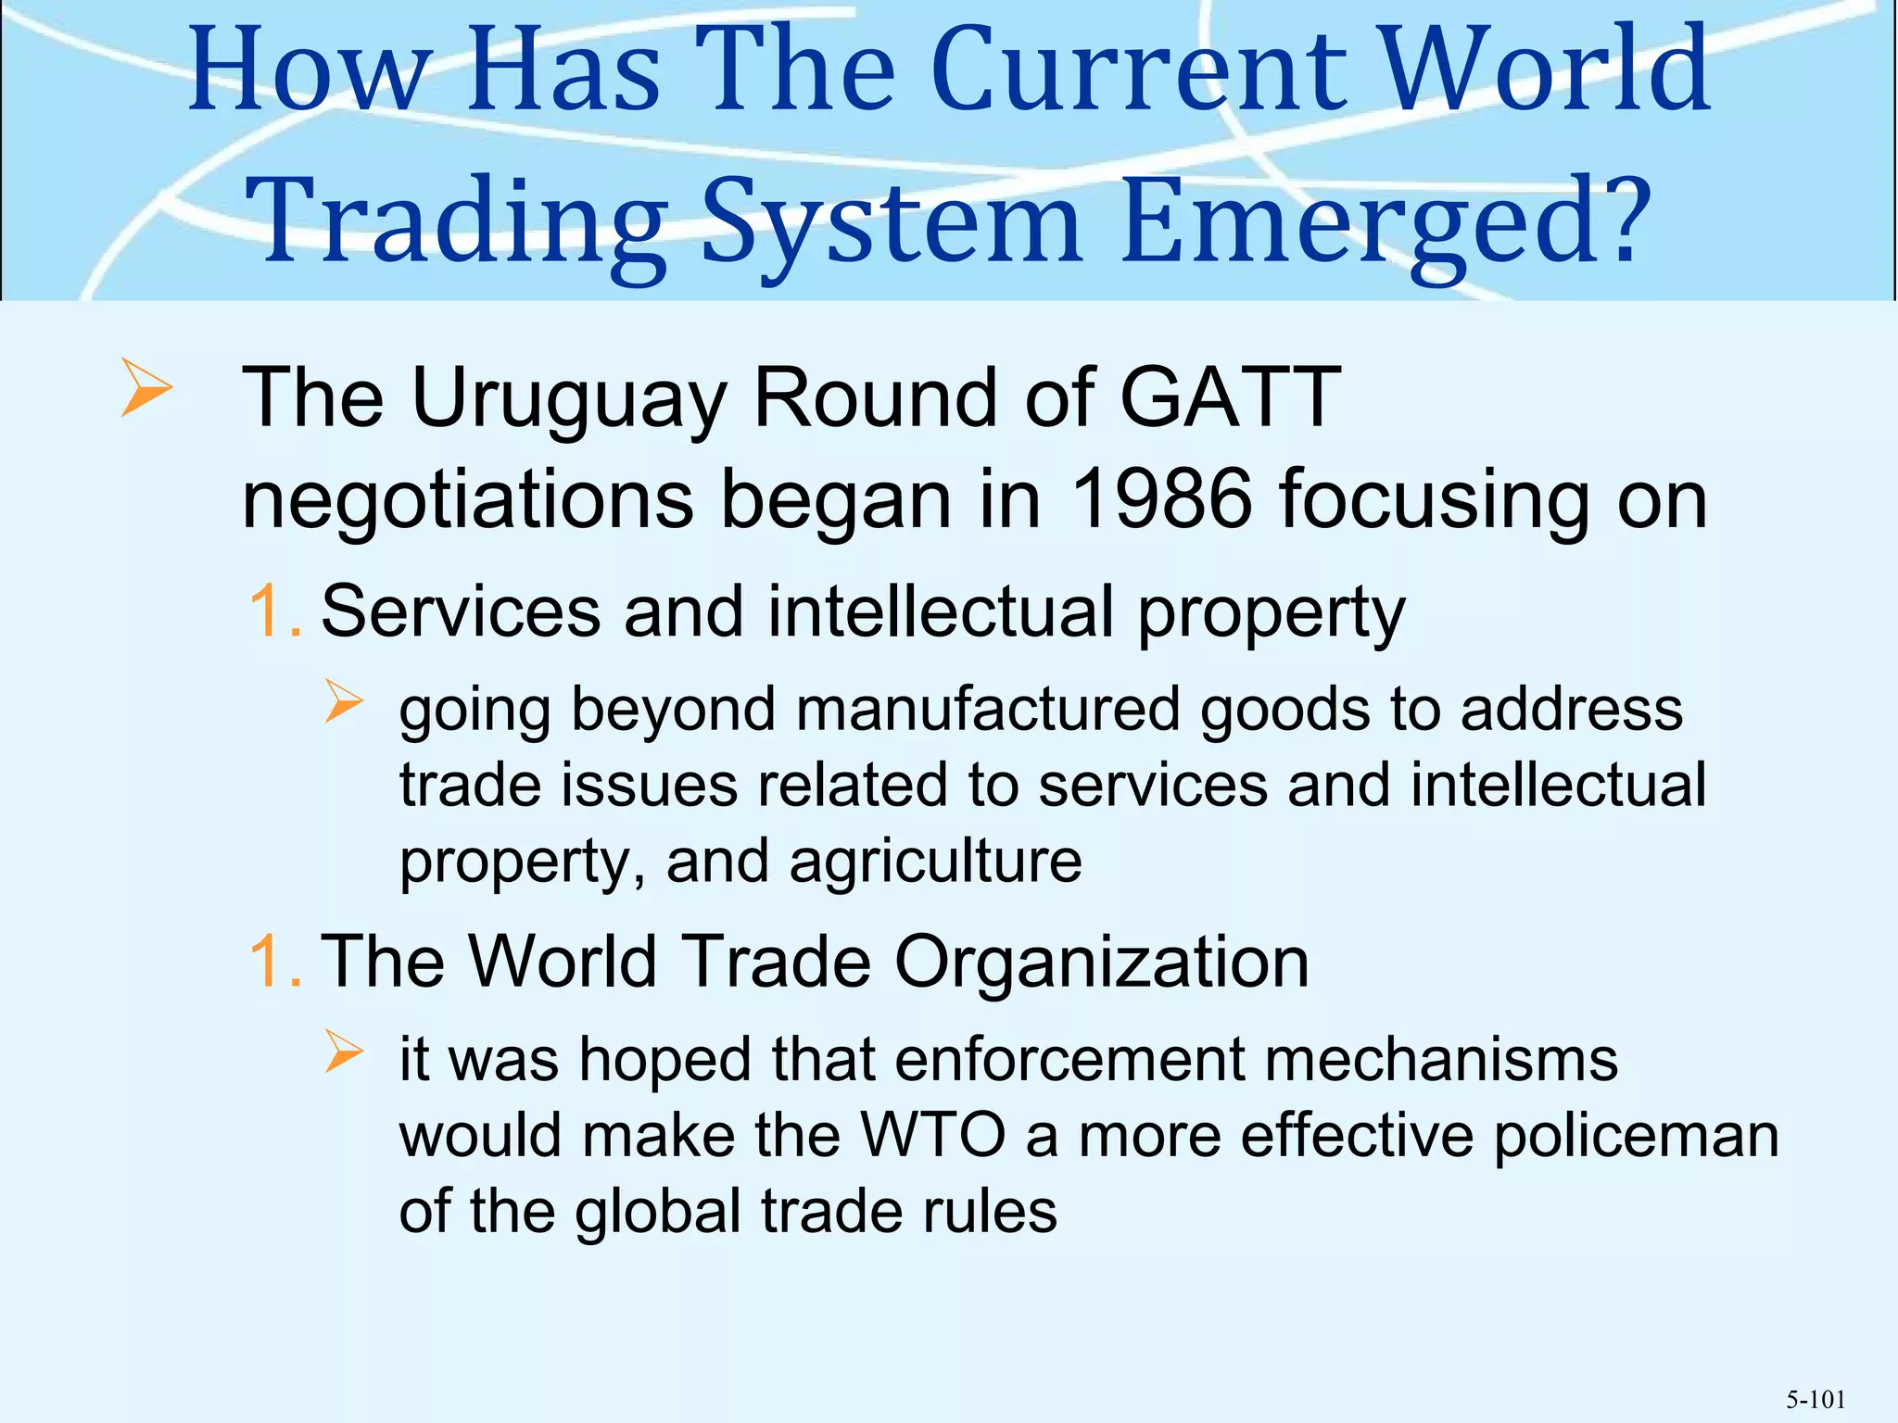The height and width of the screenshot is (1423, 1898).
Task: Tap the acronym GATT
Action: tap(1230, 398)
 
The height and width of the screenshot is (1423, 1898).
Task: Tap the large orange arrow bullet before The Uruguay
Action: tap(146, 390)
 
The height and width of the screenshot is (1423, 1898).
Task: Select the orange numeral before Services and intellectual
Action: tap(274, 612)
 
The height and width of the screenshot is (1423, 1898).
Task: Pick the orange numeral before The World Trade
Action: tap(274, 962)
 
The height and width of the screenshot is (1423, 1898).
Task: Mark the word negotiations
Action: tap(467, 501)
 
